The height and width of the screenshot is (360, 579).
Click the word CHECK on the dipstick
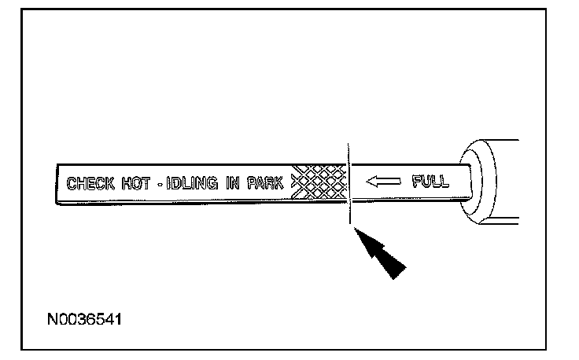pos(90,185)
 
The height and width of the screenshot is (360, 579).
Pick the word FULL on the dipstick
pos(430,182)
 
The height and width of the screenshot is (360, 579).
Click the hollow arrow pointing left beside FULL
pos(383,182)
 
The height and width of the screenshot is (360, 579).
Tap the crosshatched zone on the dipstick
pos(319,184)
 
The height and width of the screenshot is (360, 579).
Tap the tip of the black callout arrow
pos(359,230)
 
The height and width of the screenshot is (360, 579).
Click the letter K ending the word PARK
pos(282,185)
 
